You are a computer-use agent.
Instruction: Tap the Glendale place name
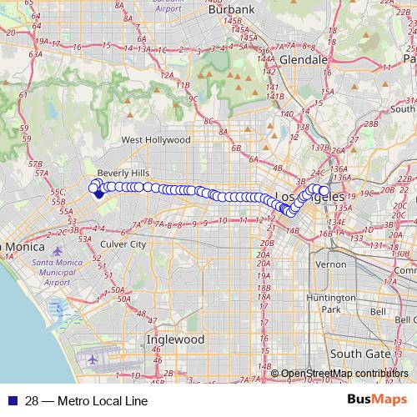coord(304,61)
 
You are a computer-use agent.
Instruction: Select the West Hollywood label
coord(156,140)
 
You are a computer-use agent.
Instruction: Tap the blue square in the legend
coord(10,401)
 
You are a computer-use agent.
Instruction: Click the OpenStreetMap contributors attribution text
coord(344,374)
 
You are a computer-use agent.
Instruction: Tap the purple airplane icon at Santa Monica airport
coord(57,251)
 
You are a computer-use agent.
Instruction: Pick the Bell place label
coord(377,312)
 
